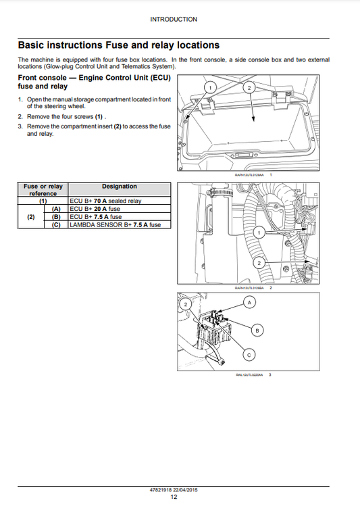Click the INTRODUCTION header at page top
(x=174, y=20)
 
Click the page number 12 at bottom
(x=174, y=497)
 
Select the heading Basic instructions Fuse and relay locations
(x=118, y=45)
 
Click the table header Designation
(x=120, y=187)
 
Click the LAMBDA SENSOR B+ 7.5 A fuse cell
(x=115, y=224)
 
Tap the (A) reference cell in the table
(x=56, y=209)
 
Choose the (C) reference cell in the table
(x=56, y=224)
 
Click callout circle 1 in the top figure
(x=209, y=89)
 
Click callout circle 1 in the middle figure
(x=257, y=233)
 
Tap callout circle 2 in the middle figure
(x=257, y=262)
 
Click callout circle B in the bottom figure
(x=257, y=330)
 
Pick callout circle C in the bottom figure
(x=249, y=354)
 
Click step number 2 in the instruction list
(x=20, y=116)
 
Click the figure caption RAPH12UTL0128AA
(x=249, y=175)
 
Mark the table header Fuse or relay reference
(x=43, y=190)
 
